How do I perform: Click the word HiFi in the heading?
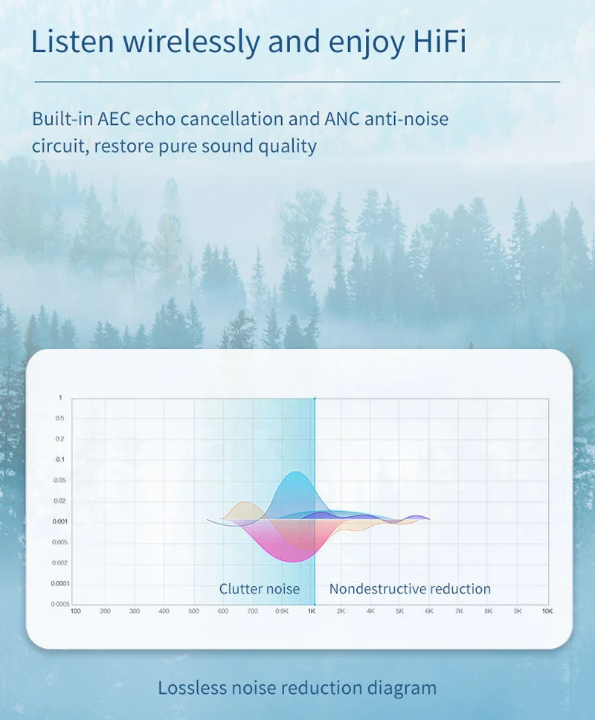pos(440,42)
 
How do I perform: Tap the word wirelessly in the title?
pos(191,42)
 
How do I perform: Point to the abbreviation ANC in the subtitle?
pos(341,119)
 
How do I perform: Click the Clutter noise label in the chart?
pos(260,588)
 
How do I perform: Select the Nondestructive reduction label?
pos(410,588)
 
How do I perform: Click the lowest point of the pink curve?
pos(294,561)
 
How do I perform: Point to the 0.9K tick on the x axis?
pos(282,611)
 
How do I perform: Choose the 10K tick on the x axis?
pos(547,611)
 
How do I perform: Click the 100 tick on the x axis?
pos(76,611)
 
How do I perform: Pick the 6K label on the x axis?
pos(429,611)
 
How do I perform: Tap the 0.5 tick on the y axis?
pos(59,418)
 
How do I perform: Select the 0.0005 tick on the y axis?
pos(60,604)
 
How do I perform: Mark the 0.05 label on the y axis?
pos(59,480)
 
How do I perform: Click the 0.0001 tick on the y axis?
pos(60,583)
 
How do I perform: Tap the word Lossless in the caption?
pos(193,688)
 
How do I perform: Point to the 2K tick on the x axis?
pos(341,611)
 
